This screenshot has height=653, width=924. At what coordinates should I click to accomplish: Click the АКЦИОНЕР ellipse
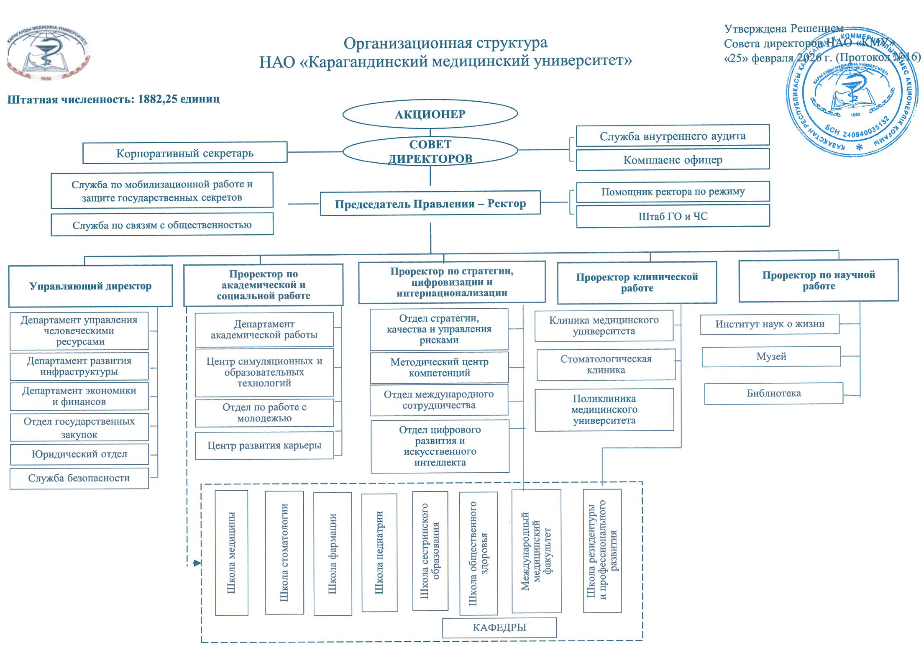click(430, 114)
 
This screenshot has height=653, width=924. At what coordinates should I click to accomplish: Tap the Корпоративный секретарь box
click(184, 153)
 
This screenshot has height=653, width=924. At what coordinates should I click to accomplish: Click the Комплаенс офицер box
click(673, 160)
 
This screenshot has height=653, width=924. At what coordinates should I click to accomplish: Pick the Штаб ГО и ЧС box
click(673, 216)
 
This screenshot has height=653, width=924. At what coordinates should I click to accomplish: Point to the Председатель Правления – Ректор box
click(430, 204)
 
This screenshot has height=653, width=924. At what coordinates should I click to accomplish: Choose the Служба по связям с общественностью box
click(162, 225)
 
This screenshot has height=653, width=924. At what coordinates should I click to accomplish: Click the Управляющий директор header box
click(90, 286)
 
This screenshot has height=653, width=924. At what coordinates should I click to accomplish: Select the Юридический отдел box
click(79, 454)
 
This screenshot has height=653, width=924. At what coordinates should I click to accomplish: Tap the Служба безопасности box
click(79, 478)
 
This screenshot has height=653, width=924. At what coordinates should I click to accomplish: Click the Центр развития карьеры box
click(264, 446)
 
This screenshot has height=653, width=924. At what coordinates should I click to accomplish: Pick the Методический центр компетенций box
click(439, 367)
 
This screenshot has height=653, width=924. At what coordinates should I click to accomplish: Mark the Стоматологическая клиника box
click(606, 364)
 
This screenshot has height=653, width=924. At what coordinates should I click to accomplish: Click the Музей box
click(771, 356)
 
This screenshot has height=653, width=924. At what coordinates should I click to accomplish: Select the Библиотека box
click(773, 393)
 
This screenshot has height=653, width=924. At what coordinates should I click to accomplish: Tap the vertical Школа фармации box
click(333, 553)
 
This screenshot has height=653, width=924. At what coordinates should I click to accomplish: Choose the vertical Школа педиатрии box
click(379, 553)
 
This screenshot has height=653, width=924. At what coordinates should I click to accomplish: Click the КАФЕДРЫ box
click(499, 627)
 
